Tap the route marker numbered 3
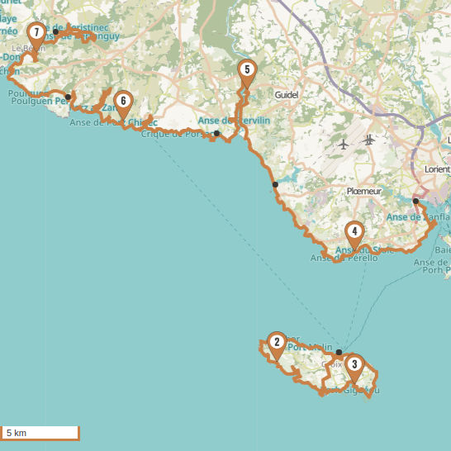point(354,364)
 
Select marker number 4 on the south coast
point(354,232)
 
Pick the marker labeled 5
point(246,70)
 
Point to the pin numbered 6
point(122,102)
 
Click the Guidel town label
point(286,95)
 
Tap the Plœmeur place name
point(364,191)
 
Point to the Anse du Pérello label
point(344,259)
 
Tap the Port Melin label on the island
point(309,347)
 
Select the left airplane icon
point(344,145)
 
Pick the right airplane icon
point(368,139)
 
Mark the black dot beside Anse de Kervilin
point(216,133)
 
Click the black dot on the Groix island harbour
point(339,353)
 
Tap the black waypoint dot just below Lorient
point(415,201)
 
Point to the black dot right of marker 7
point(55,32)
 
